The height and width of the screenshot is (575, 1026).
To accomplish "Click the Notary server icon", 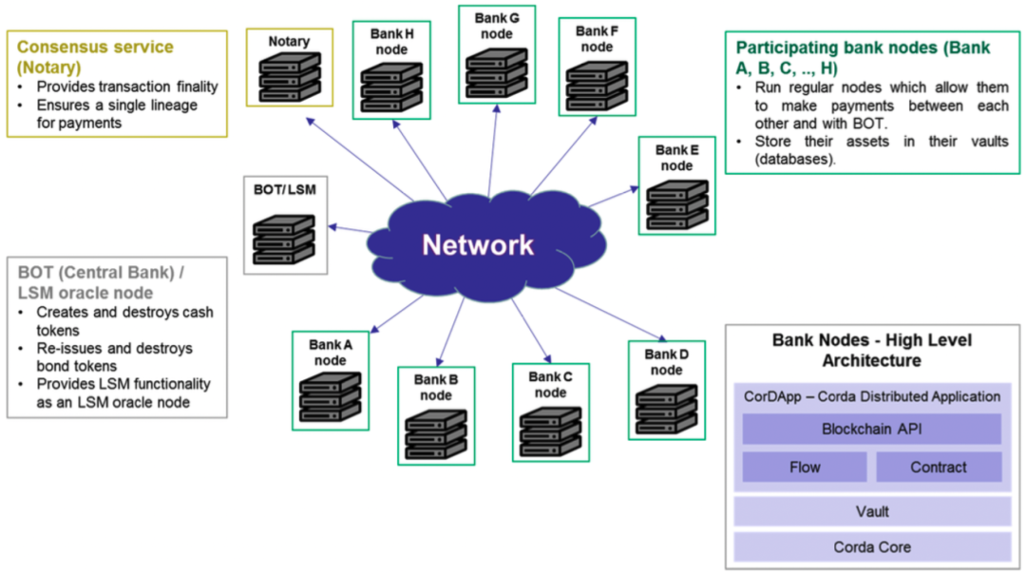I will (289, 76).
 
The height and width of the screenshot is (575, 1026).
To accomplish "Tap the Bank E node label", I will (676, 158).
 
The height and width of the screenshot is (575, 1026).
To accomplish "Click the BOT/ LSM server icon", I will (283, 239).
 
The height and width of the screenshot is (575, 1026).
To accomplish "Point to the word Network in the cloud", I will (478, 245).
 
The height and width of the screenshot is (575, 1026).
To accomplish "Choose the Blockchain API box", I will (871, 430).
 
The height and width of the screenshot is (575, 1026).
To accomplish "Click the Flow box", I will (805, 467).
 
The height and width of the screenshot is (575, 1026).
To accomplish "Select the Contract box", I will (938, 467).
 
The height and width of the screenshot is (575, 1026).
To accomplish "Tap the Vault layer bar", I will (871, 511).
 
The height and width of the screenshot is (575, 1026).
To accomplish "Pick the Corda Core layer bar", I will (871, 546).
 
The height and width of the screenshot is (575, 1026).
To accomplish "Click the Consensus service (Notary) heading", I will (95, 56).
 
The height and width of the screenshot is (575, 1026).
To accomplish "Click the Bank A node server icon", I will (330, 396).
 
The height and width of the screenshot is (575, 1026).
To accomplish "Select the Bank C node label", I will (550, 385).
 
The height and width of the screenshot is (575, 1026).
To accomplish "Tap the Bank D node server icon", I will (666, 408).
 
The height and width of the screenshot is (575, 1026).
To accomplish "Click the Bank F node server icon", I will (597, 86).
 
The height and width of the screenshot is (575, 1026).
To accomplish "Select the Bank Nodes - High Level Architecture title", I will (871, 350).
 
